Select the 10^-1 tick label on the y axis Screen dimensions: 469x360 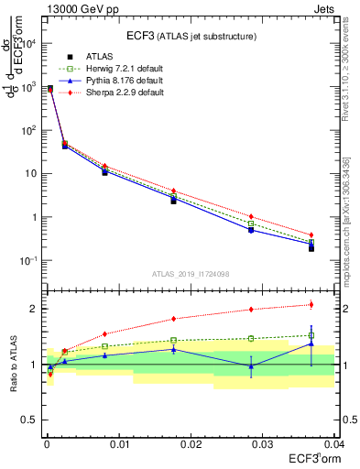[x=31, y=261]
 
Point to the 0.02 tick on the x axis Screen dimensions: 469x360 [x=191, y=442]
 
